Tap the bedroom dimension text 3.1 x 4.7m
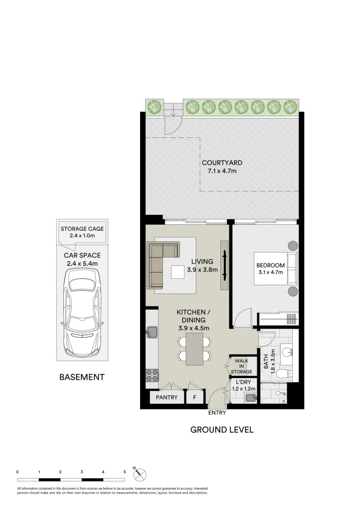[270, 272]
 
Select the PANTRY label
[167, 397]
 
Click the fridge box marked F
[193, 397]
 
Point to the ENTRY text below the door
[217, 413]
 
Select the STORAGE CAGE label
[82, 229]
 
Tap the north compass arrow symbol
[141, 474]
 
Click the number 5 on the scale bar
[125, 472]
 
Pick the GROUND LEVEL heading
[222, 430]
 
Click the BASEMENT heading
[82, 377]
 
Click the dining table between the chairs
[194, 349]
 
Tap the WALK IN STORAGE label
[243, 366]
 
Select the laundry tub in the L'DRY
[251, 398]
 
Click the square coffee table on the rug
[177, 272]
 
